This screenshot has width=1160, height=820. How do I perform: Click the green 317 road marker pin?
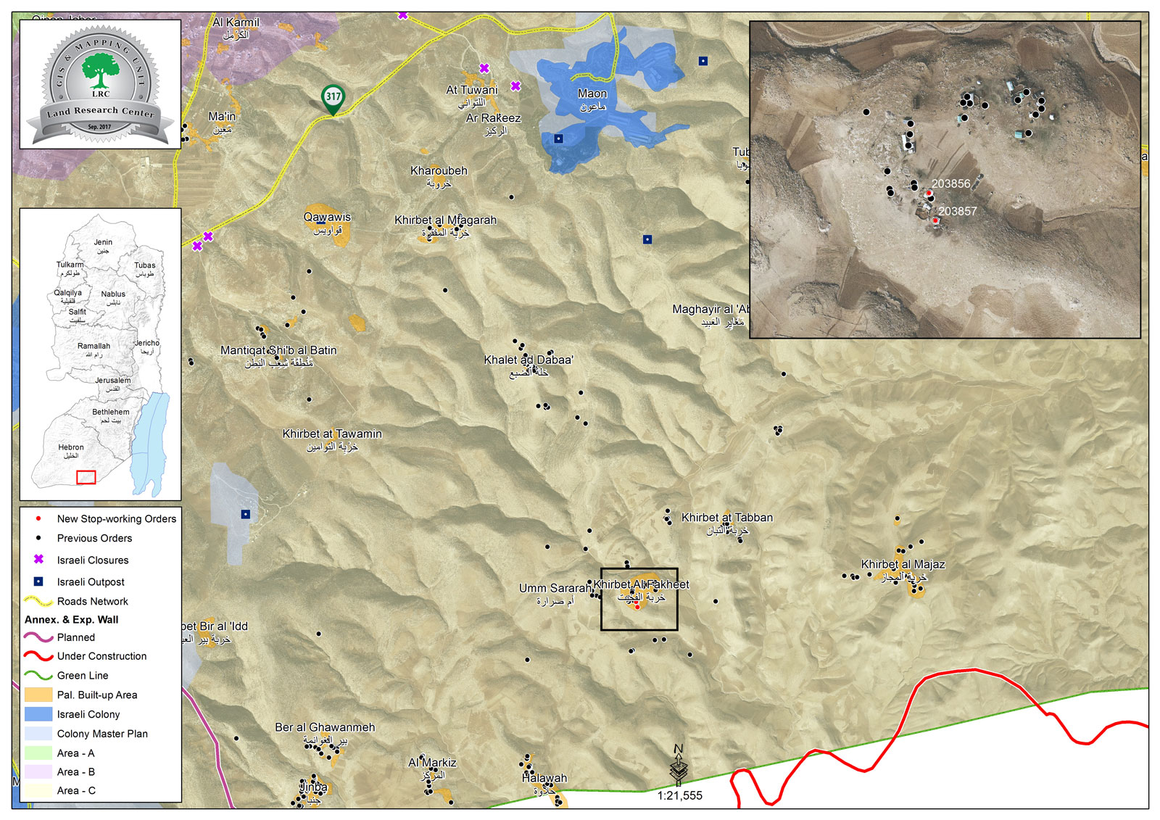(x=333, y=98)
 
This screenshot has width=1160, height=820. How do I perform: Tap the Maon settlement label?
(x=592, y=94)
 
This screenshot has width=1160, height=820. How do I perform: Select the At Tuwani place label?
(x=472, y=90)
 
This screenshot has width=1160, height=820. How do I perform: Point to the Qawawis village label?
(x=327, y=217)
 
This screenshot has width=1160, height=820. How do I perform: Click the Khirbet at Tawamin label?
(x=332, y=434)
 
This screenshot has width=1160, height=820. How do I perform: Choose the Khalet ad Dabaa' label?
(x=529, y=360)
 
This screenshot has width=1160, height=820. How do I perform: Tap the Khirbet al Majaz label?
(x=903, y=564)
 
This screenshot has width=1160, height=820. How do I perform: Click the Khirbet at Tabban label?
(x=727, y=518)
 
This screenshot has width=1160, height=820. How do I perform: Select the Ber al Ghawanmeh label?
(x=325, y=727)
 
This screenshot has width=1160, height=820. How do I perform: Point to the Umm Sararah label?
(x=555, y=588)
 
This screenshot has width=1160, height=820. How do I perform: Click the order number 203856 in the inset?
(x=950, y=184)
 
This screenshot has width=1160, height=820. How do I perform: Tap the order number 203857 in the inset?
(x=958, y=212)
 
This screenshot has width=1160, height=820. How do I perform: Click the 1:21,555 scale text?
(x=680, y=795)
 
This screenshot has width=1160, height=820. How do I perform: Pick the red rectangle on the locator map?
(x=86, y=477)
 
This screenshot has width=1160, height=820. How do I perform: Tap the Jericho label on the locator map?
(x=147, y=343)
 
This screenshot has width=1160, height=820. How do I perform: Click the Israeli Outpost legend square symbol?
(x=38, y=581)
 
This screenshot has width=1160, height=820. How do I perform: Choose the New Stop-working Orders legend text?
(x=117, y=519)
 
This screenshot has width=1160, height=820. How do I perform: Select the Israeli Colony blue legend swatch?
(x=38, y=714)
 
